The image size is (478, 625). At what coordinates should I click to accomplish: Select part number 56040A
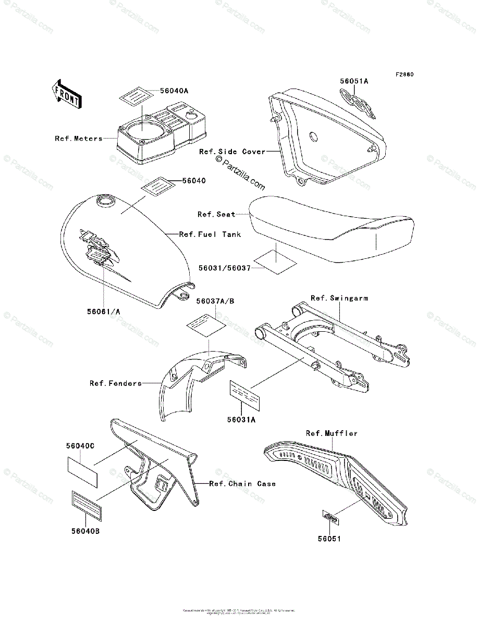(x=159, y=91)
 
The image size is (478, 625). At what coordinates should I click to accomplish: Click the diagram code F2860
(x=403, y=74)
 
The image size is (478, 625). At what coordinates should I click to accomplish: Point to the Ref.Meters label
(x=79, y=139)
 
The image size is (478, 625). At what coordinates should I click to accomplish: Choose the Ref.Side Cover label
(x=232, y=152)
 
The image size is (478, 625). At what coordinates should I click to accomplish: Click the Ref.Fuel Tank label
(x=210, y=234)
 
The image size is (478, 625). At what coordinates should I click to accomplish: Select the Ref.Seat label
(x=216, y=214)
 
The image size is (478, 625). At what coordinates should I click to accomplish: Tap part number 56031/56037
(x=225, y=268)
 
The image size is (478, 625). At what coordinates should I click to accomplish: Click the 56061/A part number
(x=104, y=311)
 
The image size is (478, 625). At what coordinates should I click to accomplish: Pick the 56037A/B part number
(x=215, y=301)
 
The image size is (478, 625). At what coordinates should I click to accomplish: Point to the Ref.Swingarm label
(x=339, y=298)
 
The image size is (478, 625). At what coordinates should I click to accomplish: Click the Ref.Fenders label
(x=116, y=383)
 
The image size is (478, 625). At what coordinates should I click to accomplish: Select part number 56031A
(x=241, y=420)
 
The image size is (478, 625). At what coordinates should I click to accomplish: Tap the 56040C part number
(x=80, y=446)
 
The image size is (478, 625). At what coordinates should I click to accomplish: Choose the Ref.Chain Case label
(x=242, y=484)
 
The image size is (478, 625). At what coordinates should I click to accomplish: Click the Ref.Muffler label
(x=332, y=433)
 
